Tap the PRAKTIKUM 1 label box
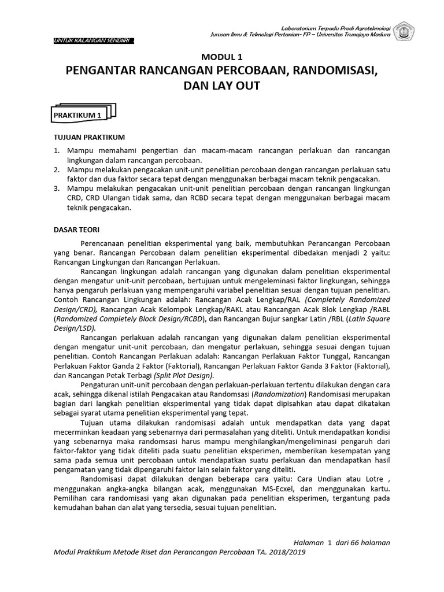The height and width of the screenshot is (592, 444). [77, 116]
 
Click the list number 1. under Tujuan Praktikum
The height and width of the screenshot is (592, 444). [57, 150]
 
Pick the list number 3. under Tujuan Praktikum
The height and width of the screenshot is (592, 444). [57, 188]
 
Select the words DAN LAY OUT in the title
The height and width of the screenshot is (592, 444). [221, 86]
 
